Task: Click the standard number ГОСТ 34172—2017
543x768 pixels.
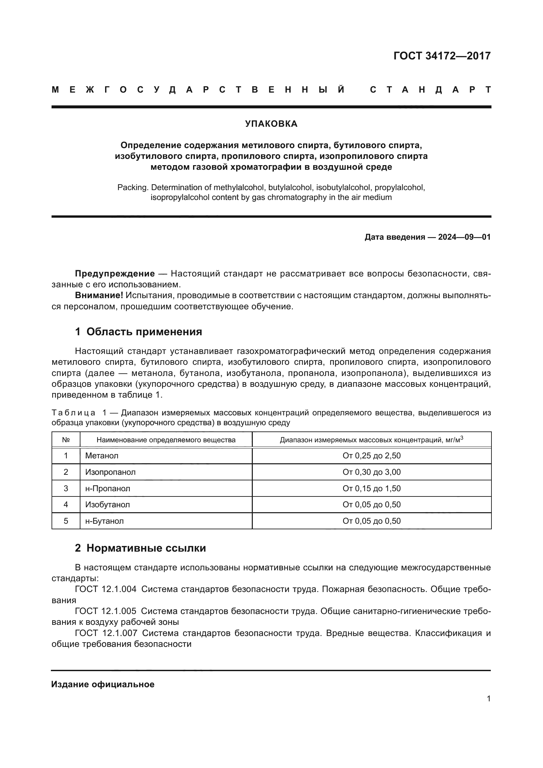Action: tap(442, 56)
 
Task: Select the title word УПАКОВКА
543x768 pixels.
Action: tap(271, 124)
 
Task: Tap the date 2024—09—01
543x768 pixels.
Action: tap(465, 237)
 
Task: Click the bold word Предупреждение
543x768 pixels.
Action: tap(115, 274)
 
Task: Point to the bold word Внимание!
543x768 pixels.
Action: tap(99, 296)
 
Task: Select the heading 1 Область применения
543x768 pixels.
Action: tap(139, 332)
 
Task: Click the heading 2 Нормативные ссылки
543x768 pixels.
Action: tap(140, 548)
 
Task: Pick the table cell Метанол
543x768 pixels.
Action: tap(102, 456)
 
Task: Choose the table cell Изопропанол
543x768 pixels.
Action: tap(110, 472)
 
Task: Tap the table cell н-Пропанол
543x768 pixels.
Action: tap(108, 488)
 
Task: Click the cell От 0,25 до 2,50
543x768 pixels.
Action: tap(372, 456)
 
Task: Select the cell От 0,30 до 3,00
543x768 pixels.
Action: tap(372, 472)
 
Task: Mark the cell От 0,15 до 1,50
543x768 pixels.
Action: tap(372, 488)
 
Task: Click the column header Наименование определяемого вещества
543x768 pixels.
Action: tap(166, 440)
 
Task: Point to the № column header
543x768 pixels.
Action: tap(66, 440)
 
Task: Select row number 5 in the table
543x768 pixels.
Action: tap(66, 521)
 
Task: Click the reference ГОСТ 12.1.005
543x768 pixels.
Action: tap(106, 611)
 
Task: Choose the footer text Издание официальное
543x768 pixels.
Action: tap(103, 684)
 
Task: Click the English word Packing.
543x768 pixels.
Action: tap(132, 188)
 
